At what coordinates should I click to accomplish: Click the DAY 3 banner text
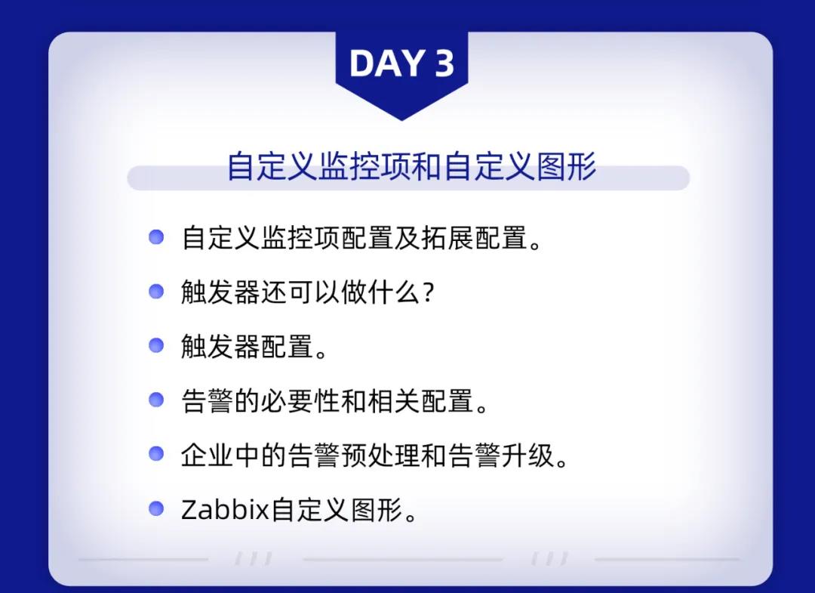[401, 63]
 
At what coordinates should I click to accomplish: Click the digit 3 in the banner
[444, 63]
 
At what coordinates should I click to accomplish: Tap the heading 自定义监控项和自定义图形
[411, 166]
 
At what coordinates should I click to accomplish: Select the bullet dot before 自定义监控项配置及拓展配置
[156, 237]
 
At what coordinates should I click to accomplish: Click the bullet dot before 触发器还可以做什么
[156, 292]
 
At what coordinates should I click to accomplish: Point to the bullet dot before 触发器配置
[156, 345]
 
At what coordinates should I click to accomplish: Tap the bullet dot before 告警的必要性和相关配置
[156, 400]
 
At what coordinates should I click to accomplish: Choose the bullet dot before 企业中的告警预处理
[156, 453]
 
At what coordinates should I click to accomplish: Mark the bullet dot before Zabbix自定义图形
[156, 508]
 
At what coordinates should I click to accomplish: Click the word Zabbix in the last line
[225, 509]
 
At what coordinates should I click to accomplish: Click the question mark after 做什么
[429, 292]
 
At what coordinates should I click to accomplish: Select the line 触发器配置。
[254, 347]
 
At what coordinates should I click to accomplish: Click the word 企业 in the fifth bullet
[208, 456]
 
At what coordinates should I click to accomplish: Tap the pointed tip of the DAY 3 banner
[401, 120]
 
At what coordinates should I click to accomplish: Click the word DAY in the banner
[386, 63]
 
